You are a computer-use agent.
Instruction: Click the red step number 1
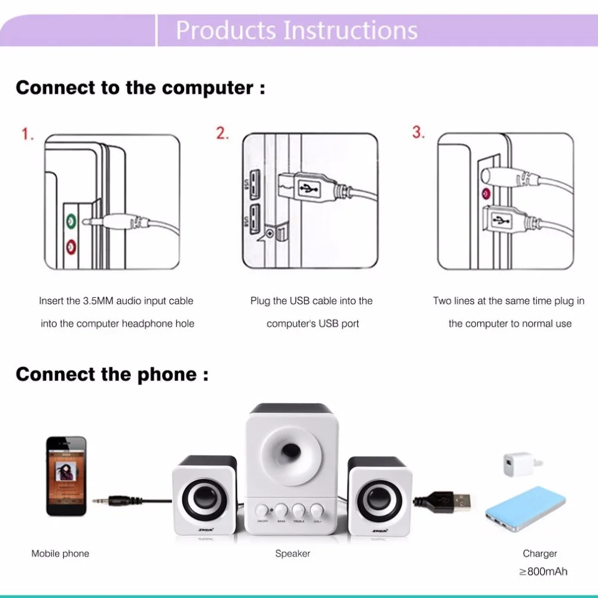coord(28,134)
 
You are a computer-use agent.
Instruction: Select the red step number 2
coord(222,133)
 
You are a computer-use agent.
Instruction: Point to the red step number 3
coord(417,132)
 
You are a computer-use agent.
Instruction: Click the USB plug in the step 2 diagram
coord(306,187)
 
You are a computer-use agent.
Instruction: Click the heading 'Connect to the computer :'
coord(140,88)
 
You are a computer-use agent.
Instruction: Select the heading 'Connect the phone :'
coord(112,374)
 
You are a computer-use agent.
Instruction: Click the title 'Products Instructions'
coord(297,30)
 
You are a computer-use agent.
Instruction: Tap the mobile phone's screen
coord(66,475)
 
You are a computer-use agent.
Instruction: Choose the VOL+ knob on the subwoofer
coord(317,511)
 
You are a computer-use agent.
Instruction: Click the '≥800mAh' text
coord(543,571)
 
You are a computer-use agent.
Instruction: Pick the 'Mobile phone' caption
coord(60,554)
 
